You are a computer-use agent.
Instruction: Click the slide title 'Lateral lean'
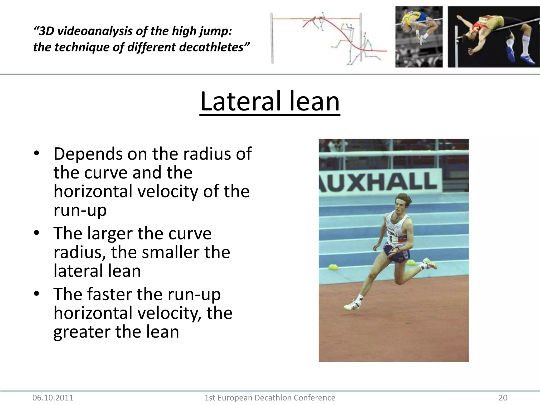pos(270,102)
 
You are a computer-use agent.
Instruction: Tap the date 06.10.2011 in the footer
pos(53,398)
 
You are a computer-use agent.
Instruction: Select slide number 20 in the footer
pos(503,398)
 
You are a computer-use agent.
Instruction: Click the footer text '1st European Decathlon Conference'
pos(270,398)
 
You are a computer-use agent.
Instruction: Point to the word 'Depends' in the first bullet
pos(88,154)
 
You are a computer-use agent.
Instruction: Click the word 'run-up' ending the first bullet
pos(80,210)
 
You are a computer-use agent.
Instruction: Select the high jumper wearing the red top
pos(488,29)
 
